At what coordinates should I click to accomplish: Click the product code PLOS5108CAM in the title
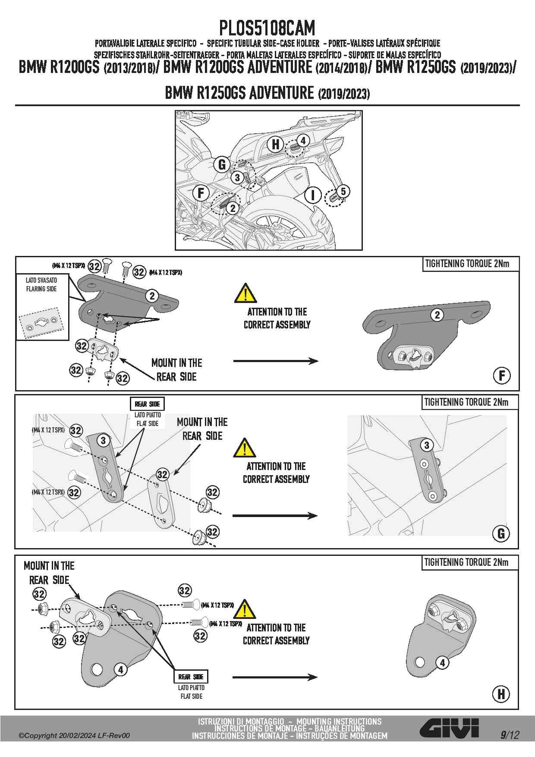coord(267,28)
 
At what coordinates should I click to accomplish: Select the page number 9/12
coord(510,735)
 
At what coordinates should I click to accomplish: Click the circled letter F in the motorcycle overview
coord(201,193)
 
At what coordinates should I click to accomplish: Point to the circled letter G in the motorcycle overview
coord(222,164)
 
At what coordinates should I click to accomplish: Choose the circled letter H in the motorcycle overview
coord(275,144)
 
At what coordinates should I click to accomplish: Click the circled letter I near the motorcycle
coord(313,195)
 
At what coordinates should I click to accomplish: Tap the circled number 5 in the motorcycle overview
coord(343,191)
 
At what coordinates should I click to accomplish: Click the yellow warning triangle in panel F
coord(245,293)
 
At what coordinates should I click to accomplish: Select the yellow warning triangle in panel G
coord(244,448)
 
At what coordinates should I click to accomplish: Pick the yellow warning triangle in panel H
coord(244,609)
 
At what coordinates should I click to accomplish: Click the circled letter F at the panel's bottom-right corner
coord(501,375)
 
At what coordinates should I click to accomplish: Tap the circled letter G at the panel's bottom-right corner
coord(501,534)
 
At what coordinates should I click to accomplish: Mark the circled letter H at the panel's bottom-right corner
coord(501,694)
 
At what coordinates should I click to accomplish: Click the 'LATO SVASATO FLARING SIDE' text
coord(41,285)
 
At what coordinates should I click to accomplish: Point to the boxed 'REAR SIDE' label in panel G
coord(147,404)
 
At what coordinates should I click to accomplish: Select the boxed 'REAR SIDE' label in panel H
coord(191,677)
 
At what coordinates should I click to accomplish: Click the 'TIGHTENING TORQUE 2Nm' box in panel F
coord(471,264)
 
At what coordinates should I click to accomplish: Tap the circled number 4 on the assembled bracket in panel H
coord(442,662)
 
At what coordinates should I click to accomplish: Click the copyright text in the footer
coord(74,735)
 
